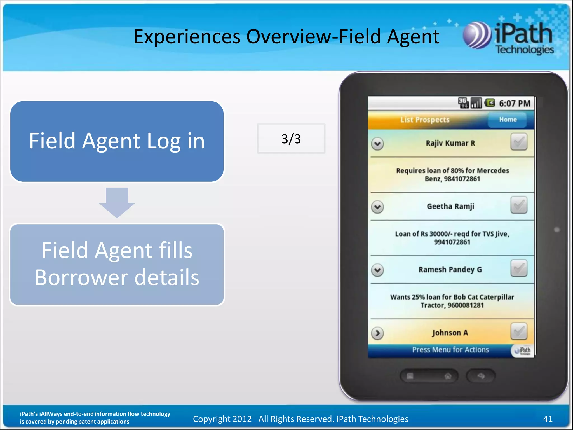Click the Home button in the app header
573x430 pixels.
tap(507, 120)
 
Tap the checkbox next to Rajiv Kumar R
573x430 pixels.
tap(518, 142)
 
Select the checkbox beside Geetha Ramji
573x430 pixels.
tap(518, 205)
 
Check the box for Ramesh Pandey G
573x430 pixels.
tap(518, 268)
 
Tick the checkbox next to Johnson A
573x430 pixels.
tap(518, 331)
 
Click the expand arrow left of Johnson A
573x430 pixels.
tap(377, 333)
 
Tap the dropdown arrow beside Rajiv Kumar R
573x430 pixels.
tap(377, 144)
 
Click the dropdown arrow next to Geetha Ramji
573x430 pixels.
tap(377, 207)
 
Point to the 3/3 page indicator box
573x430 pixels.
tap(291, 139)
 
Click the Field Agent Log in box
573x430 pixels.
tap(117, 141)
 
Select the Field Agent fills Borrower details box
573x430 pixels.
tap(117, 264)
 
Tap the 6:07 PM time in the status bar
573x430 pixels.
tap(515, 104)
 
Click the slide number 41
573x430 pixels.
tap(548, 419)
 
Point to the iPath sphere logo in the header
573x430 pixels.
tap(476, 36)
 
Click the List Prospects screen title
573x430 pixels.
tap(425, 120)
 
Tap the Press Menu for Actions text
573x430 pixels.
tap(450, 350)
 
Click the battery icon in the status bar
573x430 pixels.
tap(490, 103)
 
